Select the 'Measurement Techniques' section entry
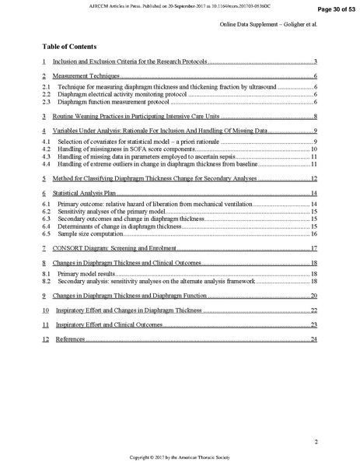click(x=82, y=77)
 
